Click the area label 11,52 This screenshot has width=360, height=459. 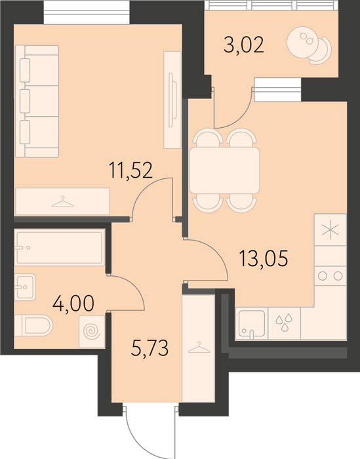point(130,170)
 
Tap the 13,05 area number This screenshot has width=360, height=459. point(264,258)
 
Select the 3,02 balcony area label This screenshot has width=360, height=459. point(244,45)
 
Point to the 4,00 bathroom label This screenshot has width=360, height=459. point(73,304)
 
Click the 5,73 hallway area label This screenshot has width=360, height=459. point(150,348)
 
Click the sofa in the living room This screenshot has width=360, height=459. point(37,101)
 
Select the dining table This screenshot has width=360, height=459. point(224,170)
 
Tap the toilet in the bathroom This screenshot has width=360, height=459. point(33,325)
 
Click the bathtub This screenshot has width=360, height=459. point(60,248)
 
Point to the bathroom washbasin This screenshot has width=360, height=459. point(25,287)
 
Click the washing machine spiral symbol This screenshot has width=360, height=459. point(92,332)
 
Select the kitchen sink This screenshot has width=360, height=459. point(251,324)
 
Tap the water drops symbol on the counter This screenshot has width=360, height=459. point(284,322)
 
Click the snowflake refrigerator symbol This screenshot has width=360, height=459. point(330,229)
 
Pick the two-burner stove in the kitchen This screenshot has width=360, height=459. point(330,276)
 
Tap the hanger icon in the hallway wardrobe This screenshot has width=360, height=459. point(199,348)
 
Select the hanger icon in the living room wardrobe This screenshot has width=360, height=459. point(63,202)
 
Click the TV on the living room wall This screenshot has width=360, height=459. point(172,100)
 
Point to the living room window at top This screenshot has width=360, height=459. point(87,13)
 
